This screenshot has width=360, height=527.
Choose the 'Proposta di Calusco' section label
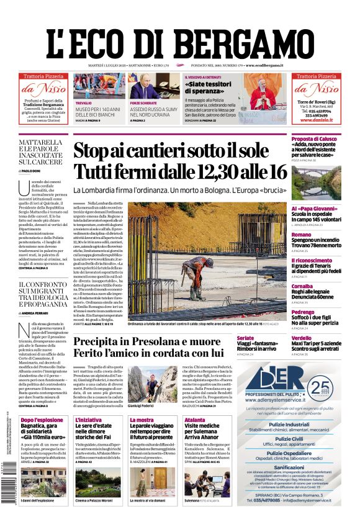point(314,139)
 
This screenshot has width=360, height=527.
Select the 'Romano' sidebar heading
point(302,234)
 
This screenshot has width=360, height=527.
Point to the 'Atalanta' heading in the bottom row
point(195,420)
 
